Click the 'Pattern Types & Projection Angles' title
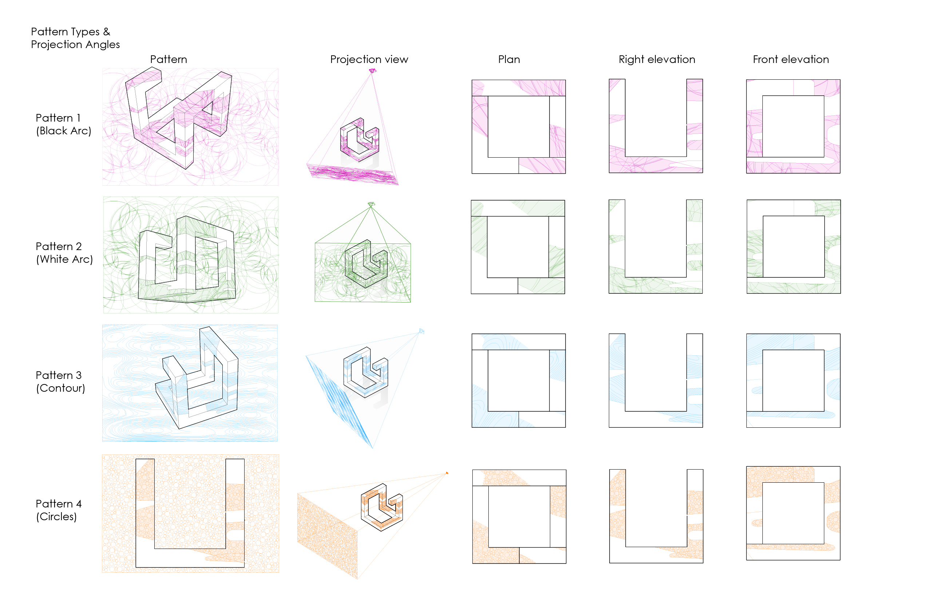75,38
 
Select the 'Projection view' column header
369,59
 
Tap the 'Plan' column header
509,59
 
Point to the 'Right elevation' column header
657,59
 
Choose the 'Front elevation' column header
791,59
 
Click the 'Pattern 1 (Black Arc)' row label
64,124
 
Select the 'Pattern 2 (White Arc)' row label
64,252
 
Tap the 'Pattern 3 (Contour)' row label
60,381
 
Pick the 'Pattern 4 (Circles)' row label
59,510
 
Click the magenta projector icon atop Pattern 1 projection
372,71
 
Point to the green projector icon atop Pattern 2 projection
371,204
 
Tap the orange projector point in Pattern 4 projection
447,473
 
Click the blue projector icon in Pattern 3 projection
421,331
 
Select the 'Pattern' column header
168,59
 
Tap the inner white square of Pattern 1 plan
519,126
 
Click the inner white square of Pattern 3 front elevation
793,381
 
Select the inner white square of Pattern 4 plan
519,517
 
